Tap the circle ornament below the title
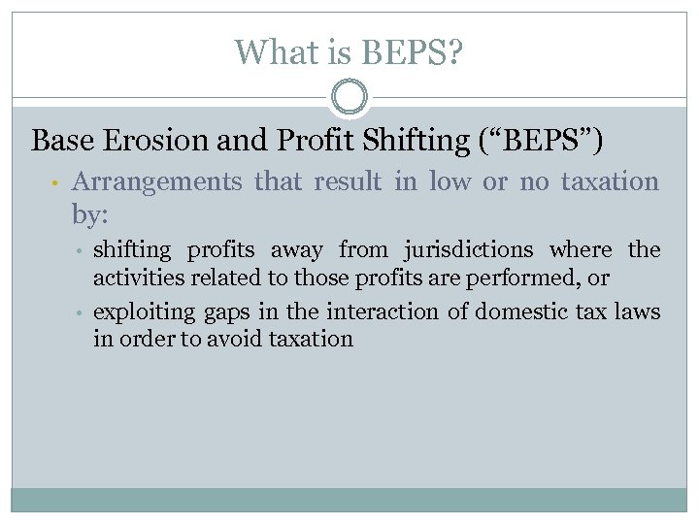(x=349, y=98)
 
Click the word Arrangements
(x=157, y=181)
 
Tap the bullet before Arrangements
(x=57, y=183)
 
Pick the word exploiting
(x=143, y=312)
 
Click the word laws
(x=638, y=312)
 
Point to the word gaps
(x=227, y=313)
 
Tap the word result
(x=347, y=181)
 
